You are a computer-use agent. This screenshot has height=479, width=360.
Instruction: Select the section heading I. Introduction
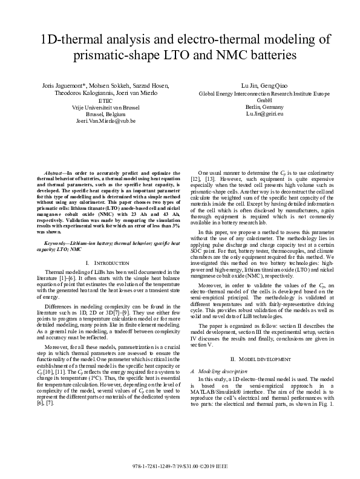[x=105, y=263]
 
